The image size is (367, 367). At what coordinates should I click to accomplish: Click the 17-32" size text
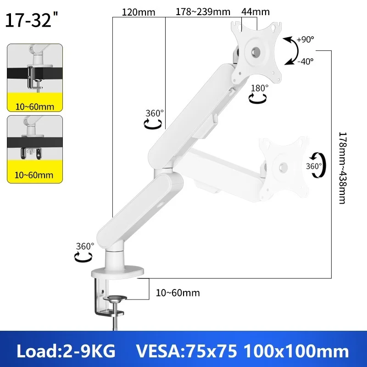tap(31, 20)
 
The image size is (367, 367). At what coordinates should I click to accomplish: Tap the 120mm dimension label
tap(139, 12)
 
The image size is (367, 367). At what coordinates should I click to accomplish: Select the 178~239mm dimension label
tap(203, 12)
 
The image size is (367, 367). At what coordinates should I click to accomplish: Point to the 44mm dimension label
tap(256, 12)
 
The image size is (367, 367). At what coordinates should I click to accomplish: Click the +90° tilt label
tap(306, 39)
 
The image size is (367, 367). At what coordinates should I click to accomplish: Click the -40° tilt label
tap(306, 61)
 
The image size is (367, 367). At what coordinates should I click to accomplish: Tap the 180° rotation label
tap(260, 88)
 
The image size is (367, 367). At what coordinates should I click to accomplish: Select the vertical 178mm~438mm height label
tap(342, 168)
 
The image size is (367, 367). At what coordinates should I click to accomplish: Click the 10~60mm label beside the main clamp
tap(178, 293)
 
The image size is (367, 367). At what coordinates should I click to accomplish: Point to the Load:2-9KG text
tap(66, 351)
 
